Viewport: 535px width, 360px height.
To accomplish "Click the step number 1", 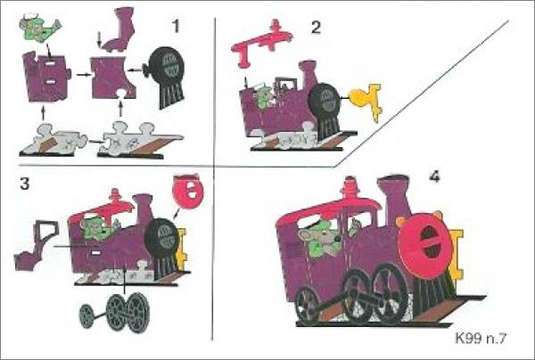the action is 176,26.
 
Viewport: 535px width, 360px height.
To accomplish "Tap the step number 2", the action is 316,27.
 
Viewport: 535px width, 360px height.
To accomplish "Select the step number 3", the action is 25,184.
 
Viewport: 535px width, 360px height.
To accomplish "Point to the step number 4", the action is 435,176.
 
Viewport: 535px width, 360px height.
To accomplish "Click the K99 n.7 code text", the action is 481,339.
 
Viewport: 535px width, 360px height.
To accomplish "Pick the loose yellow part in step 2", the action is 366,101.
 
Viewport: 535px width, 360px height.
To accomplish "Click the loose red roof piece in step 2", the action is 261,43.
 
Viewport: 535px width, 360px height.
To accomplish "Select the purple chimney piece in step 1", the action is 119,29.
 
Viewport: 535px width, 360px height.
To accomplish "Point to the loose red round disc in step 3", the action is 188,190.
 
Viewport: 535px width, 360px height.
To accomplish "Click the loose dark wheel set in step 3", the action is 115,312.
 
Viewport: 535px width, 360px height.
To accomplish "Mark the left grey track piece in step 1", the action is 53,142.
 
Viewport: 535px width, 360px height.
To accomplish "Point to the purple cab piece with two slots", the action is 46,77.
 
